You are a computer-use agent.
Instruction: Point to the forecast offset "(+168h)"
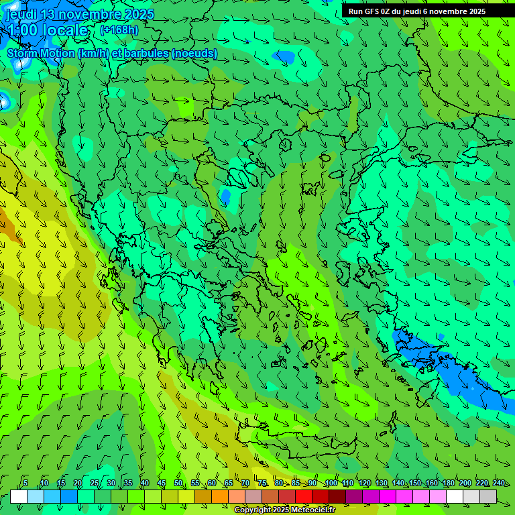(119, 30)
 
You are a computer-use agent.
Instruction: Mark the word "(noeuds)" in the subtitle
(194, 53)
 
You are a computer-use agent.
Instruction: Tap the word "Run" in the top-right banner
(355, 11)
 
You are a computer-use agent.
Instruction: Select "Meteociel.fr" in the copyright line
(312, 510)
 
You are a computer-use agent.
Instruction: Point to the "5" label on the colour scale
(25, 483)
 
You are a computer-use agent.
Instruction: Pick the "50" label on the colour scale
(178, 483)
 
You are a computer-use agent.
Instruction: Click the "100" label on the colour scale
(331, 483)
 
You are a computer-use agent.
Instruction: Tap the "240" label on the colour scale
(499, 483)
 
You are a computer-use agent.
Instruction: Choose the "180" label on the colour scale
(449, 483)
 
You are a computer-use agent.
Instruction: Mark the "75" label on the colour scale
(262, 483)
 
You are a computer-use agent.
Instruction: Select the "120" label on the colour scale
(365, 483)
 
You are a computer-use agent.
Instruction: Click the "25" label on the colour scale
(95, 483)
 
